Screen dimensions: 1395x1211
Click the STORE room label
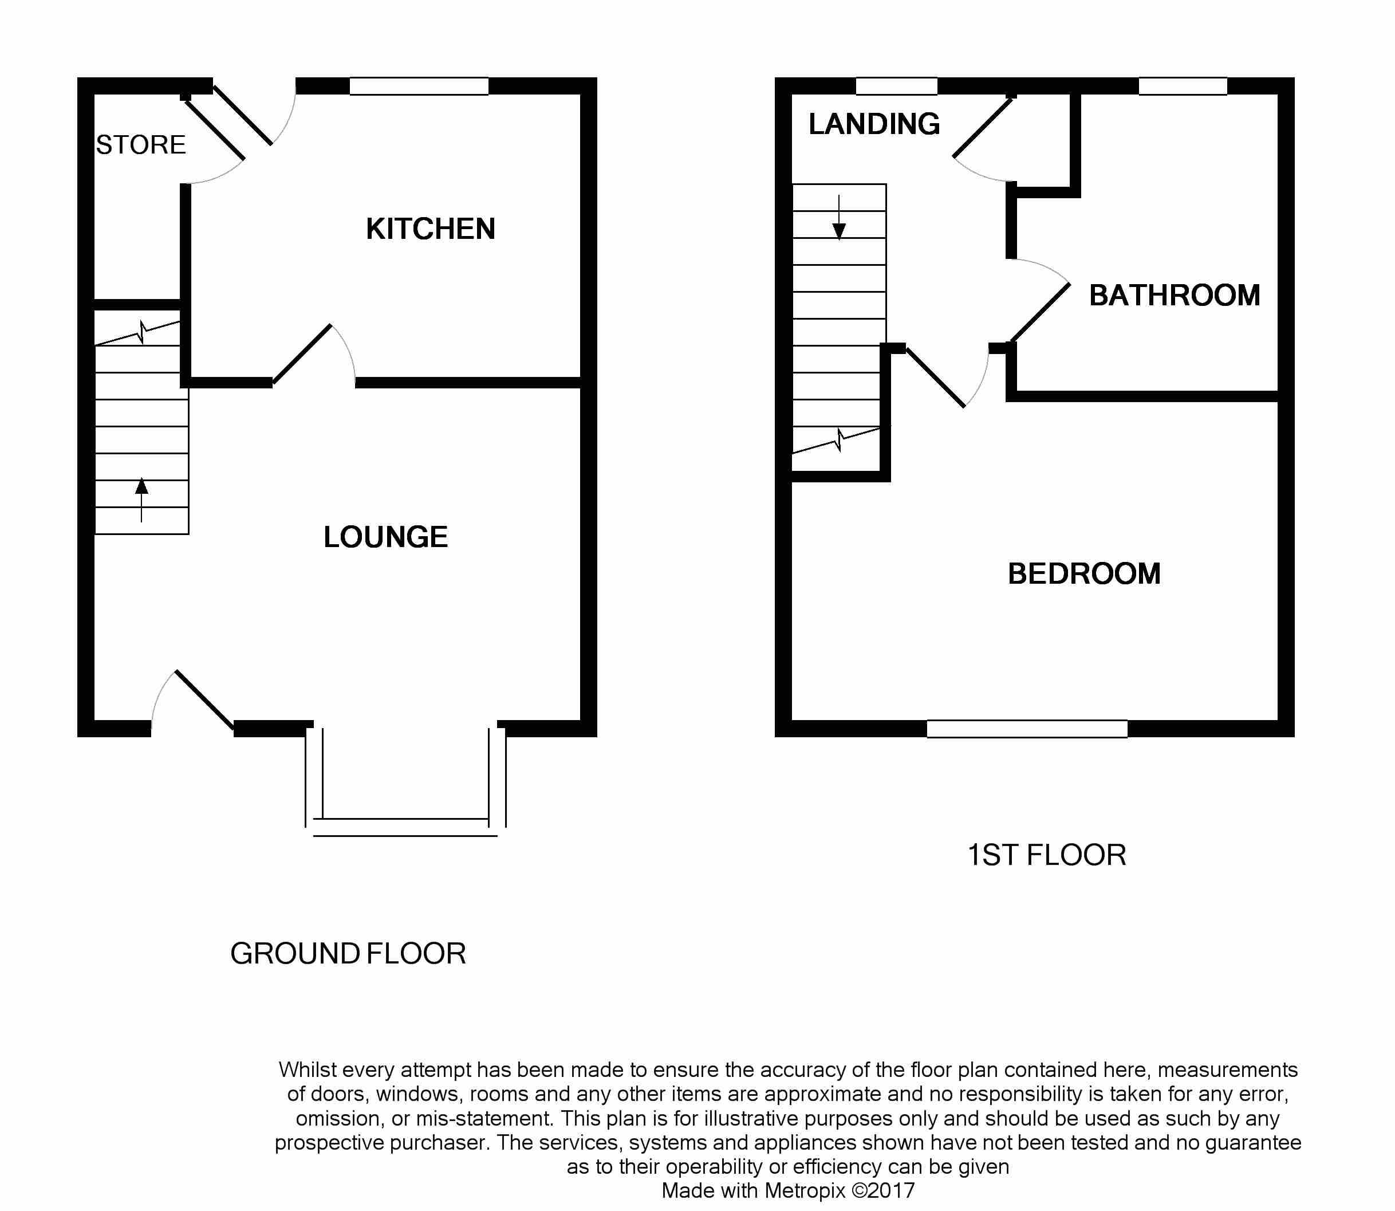(140, 144)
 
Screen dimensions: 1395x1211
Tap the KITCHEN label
(430, 229)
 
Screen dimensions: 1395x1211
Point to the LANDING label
(874, 124)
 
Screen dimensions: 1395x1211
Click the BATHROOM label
(1175, 296)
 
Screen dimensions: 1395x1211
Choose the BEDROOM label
(1084, 574)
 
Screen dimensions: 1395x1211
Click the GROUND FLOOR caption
(348, 954)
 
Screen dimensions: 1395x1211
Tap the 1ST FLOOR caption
(1046, 855)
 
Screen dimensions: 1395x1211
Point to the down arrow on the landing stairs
(839, 218)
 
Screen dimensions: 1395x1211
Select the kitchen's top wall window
(419, 86)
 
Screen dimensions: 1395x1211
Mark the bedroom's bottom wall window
(1027, 729)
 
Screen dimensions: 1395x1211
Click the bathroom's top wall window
(1183, 86)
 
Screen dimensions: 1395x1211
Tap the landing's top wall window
(896, 86)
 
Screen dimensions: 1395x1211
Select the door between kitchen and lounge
(301, 355)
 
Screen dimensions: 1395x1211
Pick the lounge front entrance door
(204, 701)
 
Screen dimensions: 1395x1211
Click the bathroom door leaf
(1041, 312)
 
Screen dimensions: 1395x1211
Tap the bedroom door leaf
(935, 378)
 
